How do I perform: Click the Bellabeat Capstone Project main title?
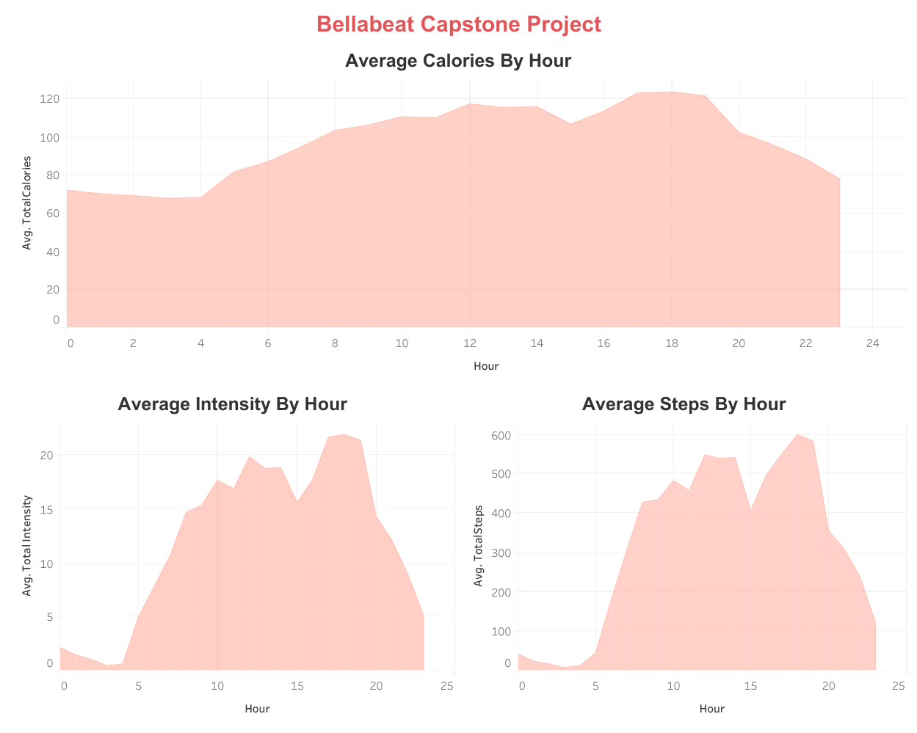[x=458, y=24]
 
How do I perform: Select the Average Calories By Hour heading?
[x=458, y=61]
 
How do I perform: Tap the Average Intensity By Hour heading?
[x=232, y=404]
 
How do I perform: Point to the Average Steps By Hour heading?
[x=684, y=404]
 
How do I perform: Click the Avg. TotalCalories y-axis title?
[x=27, y=203]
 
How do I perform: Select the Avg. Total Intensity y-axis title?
[x=27, y=545]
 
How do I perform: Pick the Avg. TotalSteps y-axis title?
[x=479, y=546]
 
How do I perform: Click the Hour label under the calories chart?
[x=486, y=366]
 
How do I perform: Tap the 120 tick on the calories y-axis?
[x=51, y=98]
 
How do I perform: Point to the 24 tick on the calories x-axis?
[x=872, y=343]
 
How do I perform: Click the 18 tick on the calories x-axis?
[x=671, y=343]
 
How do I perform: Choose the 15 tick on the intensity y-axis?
[x=47, y=509]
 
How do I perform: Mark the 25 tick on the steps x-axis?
[x=898, y=686]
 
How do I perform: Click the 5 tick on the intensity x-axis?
[x=139, y=686]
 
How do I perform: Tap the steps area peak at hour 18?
[x=797, y=434]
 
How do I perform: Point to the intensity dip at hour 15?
[x=297, y=502]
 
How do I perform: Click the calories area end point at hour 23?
[x=839, y=179]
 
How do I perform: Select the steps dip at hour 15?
[x=750, y=510]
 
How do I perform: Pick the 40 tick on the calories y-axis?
[x=54, y=252]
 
